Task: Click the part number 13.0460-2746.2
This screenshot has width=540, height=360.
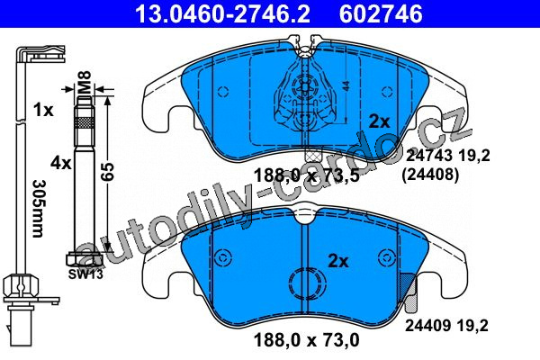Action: pos(223,14)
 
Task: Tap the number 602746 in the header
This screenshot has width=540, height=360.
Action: pos(381,14)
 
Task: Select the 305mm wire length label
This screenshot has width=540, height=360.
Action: pos(38,209)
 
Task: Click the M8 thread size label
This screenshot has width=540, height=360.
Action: pos(84,82)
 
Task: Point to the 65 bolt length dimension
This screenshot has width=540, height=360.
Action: pos(107,171)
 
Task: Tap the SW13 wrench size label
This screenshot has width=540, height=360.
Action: pos(85,274)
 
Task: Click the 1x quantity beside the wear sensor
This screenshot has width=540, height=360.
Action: pos(43,110)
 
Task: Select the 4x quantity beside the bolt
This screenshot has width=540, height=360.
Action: pos(61,162)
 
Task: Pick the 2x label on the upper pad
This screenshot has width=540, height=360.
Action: pos(379,121)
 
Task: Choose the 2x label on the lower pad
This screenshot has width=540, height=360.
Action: pos(338,261)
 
